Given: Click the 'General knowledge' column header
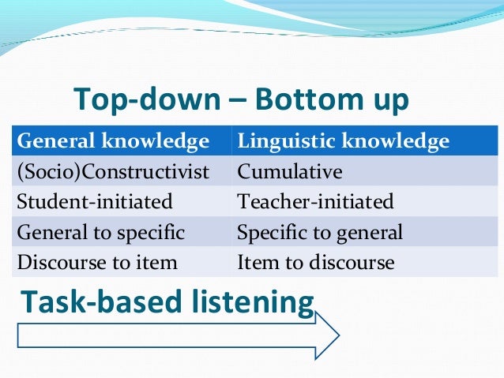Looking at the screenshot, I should [113, 142].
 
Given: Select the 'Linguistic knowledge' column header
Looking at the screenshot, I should [343, 142].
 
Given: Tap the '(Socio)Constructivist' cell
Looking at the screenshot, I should [113, 172].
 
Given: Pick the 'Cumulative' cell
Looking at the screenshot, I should [290, 172].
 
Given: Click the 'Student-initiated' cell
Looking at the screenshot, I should [95, 202].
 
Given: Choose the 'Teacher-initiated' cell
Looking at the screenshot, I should [315, 202].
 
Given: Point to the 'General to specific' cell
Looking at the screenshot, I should [100, 232].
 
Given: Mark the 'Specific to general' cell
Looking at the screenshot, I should [320, 232].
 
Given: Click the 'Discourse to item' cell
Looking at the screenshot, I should [96, 262].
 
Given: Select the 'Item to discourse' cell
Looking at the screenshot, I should [315, 262].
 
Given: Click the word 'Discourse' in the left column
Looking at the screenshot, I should [54, 262].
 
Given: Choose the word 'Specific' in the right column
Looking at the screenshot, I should [269, 232].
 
